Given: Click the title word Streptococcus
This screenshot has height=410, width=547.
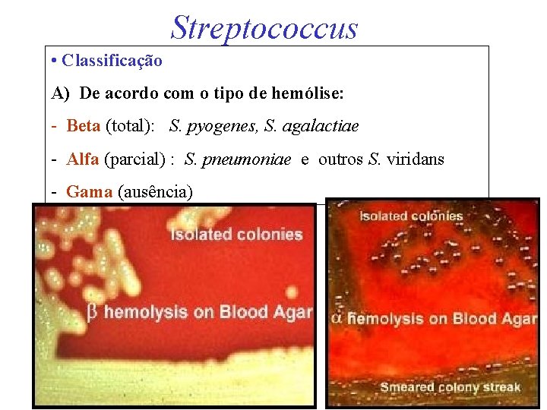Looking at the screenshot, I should pyautogui.click(x=264, y=27).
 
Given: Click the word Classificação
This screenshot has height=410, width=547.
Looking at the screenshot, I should pyautogui.click(x=112, y=60).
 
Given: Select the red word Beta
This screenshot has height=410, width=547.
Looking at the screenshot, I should pyautogui.click(x=84, y=126).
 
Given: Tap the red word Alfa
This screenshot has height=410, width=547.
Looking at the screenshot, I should pyautogui.click(x=83, y=159).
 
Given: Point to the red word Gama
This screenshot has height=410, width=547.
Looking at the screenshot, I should pyautogui.click(x=89, y=192).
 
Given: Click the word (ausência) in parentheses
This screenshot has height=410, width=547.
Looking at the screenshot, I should pyautogui.click(x=156, y=192).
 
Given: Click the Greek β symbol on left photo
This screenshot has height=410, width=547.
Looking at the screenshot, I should pyautogui.click(x=93, y=312).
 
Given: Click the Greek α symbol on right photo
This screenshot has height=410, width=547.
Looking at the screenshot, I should pyautogui.click(x=337, y=319).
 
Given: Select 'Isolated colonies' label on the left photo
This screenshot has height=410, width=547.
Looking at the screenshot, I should pyautogui.click(x=236, y=235).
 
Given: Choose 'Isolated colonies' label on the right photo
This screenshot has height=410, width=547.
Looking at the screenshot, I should pyautogui.click(x=411, y=216).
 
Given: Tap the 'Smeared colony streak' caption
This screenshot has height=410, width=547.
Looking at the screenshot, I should pyautogui.click(x=450, y=387).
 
